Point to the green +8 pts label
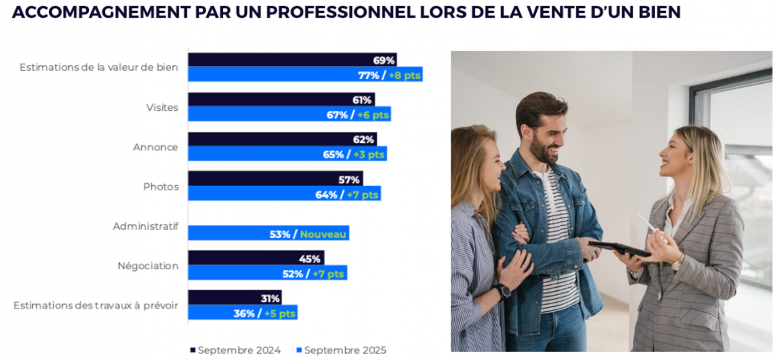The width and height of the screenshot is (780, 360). (404, 76)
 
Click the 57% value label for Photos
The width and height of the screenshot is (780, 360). (349, 180)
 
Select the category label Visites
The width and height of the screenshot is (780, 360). (162, 107)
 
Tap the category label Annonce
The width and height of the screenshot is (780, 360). (156, 147)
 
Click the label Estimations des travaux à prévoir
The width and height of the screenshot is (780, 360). (96, 305)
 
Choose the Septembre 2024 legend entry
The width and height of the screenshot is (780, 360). (236, 350)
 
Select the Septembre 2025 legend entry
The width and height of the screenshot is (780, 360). (342, 350)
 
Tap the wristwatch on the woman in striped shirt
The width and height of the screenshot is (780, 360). (504, 291)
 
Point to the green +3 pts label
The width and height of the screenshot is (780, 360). (369, 155)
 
